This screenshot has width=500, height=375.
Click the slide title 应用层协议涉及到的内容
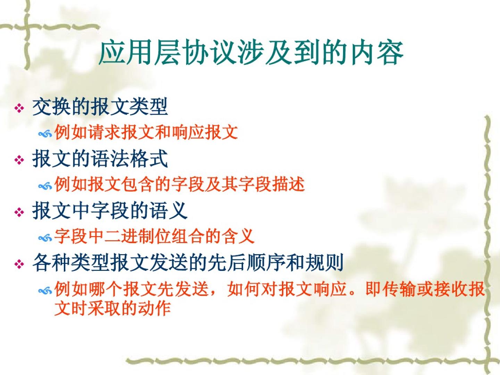coord(251,53)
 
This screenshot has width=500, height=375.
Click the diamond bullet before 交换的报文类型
coord(19,108)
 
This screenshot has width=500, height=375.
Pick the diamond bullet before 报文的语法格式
coord(19,160)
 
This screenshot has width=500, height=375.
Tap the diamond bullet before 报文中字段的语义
coord(19,212)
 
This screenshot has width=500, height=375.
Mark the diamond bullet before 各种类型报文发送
coord(19,264)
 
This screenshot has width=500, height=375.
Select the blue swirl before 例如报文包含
coord(45,186)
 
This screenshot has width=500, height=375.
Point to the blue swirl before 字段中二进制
coord(45,239)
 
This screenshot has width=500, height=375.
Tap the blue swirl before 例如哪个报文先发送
coord(45,291)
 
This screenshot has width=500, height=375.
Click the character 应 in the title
coord(111,53)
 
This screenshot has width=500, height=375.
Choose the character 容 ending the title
coord(390,53)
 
